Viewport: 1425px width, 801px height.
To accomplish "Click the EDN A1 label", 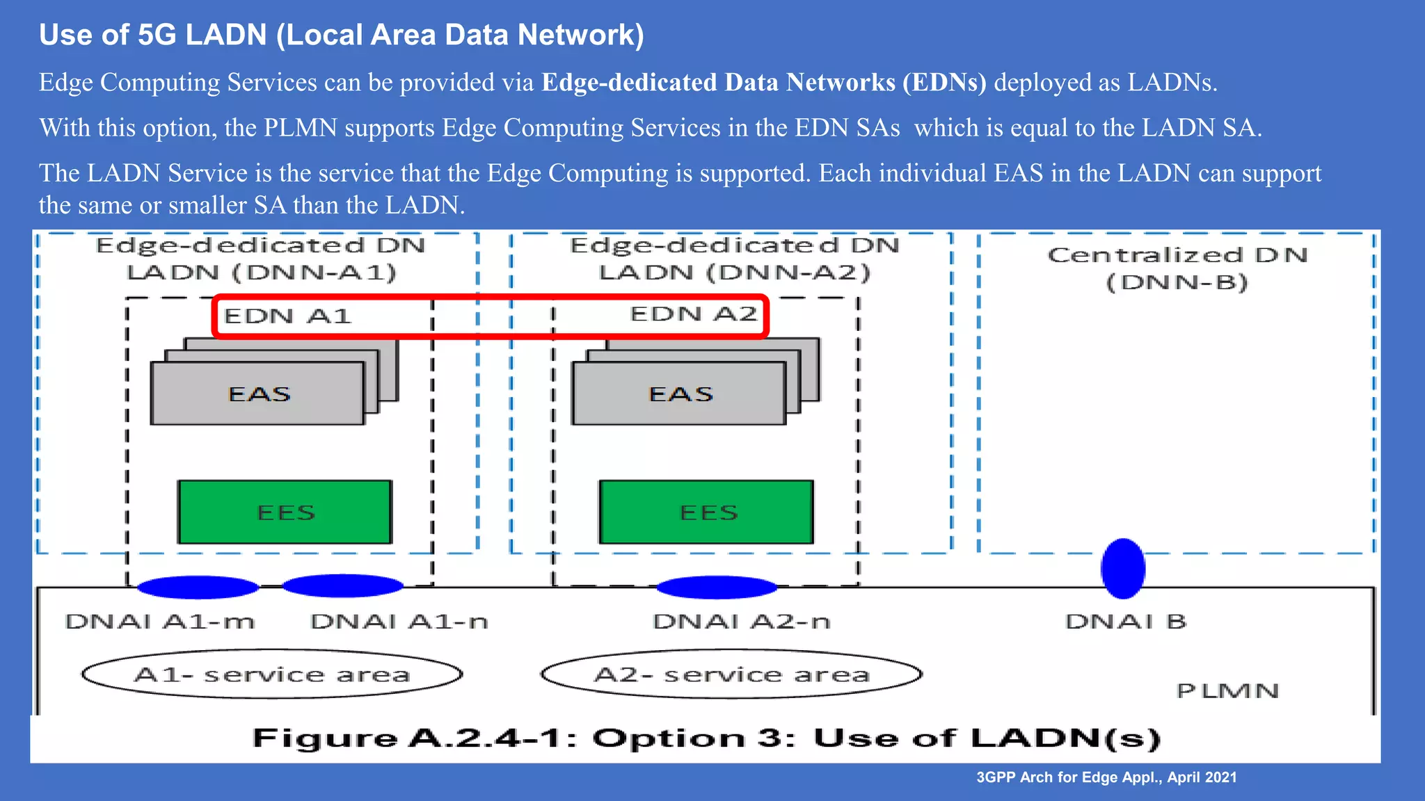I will (x=287, y=316).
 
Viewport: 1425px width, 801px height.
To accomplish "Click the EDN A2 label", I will (x=693, y=314).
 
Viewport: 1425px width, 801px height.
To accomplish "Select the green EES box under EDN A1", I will (x=285, y=512).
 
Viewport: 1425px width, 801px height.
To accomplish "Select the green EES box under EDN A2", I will (x=707, y=512).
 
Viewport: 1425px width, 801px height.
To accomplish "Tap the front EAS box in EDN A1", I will (x=258, y=394).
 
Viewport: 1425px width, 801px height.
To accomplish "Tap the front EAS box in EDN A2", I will (x=680, y=394).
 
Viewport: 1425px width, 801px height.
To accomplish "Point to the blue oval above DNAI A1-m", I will (x=198, y=588).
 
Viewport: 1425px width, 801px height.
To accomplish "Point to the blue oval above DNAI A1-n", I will (x=342, y=585).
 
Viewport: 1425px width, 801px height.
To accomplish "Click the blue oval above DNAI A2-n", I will (x=717, y=588).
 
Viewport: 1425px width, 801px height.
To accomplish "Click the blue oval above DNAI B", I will (x=1123, y=569).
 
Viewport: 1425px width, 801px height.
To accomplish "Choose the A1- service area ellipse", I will (x=272, y=674).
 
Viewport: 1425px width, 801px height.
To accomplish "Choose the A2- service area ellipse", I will (x=731, y=674).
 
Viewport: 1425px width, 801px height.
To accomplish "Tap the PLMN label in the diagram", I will (x=1227, y=691).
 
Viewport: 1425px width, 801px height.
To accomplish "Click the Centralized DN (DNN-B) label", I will (x=1177, y=268).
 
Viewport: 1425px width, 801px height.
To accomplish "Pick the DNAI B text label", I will (x=1126, y=622).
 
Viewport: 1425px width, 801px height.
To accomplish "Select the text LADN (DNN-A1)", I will (x=262, y=273).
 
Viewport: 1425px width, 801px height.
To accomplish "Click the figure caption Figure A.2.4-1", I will (x=706, y=738).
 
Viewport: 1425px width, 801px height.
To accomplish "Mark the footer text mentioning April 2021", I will (x=1106, y=777).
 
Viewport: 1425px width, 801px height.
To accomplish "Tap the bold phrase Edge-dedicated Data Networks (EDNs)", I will (x=764, y=82).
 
